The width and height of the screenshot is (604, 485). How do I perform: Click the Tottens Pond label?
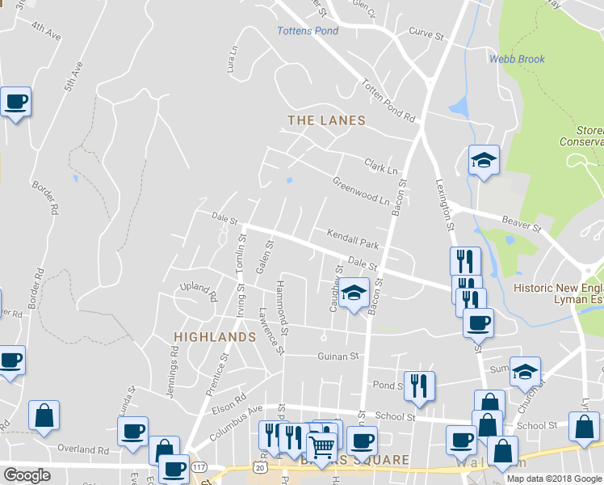click(x=308, y=31)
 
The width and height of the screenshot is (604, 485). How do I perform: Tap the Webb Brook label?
click(x=517, y=59)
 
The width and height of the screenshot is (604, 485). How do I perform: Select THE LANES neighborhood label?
click(x=327, y=120)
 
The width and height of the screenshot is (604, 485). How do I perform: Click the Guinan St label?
click(x=338, y=356)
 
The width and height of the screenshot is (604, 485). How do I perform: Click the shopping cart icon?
click(x=321, y=445)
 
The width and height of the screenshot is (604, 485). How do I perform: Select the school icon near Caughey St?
click(x=354, y=293)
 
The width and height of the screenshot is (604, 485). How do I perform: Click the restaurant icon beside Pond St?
click(x=419, y=386)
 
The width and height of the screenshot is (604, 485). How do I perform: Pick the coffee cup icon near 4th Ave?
click(x=15, y=102)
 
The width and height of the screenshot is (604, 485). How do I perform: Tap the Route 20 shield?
click(x=259, y=467)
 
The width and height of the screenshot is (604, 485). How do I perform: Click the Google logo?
click(x=27, y=475)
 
